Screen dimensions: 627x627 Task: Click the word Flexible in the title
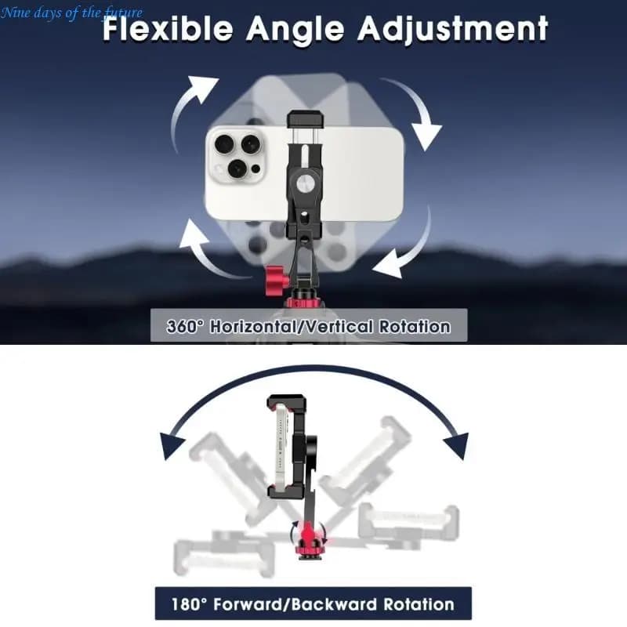click(168, 28)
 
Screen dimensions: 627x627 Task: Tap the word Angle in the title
click(295, 29)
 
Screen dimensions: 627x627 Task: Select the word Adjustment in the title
click(453, 28)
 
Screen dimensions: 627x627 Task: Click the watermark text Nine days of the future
click(71, 13)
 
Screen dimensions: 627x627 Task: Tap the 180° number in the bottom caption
click(190, 603)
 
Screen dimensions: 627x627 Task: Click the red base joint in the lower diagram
click(307, 541)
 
